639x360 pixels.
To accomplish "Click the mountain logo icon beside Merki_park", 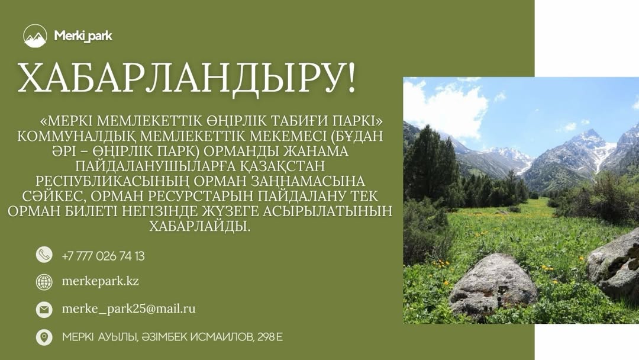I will pyautogui.click(x=35, y=36).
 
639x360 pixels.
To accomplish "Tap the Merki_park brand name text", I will pyautogui.click(x=83, y=36).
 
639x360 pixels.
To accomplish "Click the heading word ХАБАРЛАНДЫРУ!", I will pyautogui.click(x=187, y=78).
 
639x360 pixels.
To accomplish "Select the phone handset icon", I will pyautogui.click(x=44, y=255).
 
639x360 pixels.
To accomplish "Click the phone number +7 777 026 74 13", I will pyautogui.click(x=103, y=256).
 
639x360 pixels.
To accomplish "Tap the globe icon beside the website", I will pyautogui.click(x=44, y=282).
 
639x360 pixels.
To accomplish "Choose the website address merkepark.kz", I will pyautogui.click(x=100, y=281).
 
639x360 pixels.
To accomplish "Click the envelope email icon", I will pyautogui.click(x=44, y=309).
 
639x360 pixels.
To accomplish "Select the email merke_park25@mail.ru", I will pyautogui.click(x=128, y=309).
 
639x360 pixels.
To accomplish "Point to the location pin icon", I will pyautogui.click(x=44, y=337).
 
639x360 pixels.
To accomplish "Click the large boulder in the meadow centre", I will pyautogui.click(x=492, y=285).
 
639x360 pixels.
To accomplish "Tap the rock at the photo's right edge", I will pyautogui.click(x=616, y=264).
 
